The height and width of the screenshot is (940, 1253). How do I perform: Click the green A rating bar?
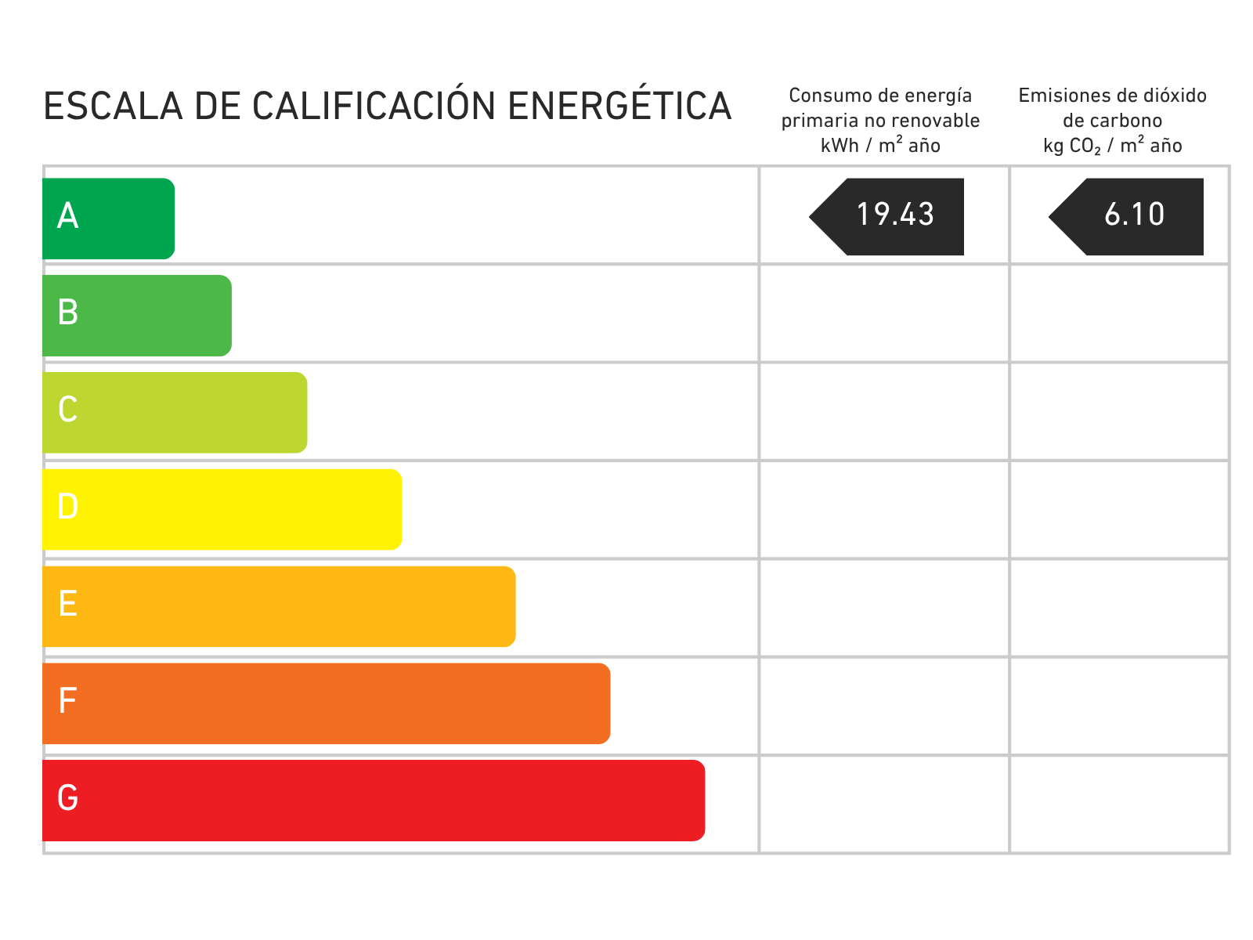(x=110, y=219)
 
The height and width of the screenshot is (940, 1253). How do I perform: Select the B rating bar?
(x=138, y=316)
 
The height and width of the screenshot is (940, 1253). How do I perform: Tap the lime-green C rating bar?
(x=175, y=413)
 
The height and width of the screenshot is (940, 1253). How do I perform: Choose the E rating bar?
(x=280, y=606)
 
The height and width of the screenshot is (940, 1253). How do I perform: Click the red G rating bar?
(x=374, y=801)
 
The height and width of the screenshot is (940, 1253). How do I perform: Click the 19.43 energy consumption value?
(x=895, y=215)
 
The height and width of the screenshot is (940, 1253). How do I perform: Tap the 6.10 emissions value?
(x=1134, y=215)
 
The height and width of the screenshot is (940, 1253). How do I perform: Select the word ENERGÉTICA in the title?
(x=619, y=107)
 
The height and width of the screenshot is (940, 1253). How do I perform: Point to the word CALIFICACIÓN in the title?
(x=374, y=107)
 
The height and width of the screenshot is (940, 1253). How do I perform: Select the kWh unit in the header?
(x=840, y=146)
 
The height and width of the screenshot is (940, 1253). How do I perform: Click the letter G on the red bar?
(x=68, y=798)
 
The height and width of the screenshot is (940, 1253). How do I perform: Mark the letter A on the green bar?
(x=68, y=216)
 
